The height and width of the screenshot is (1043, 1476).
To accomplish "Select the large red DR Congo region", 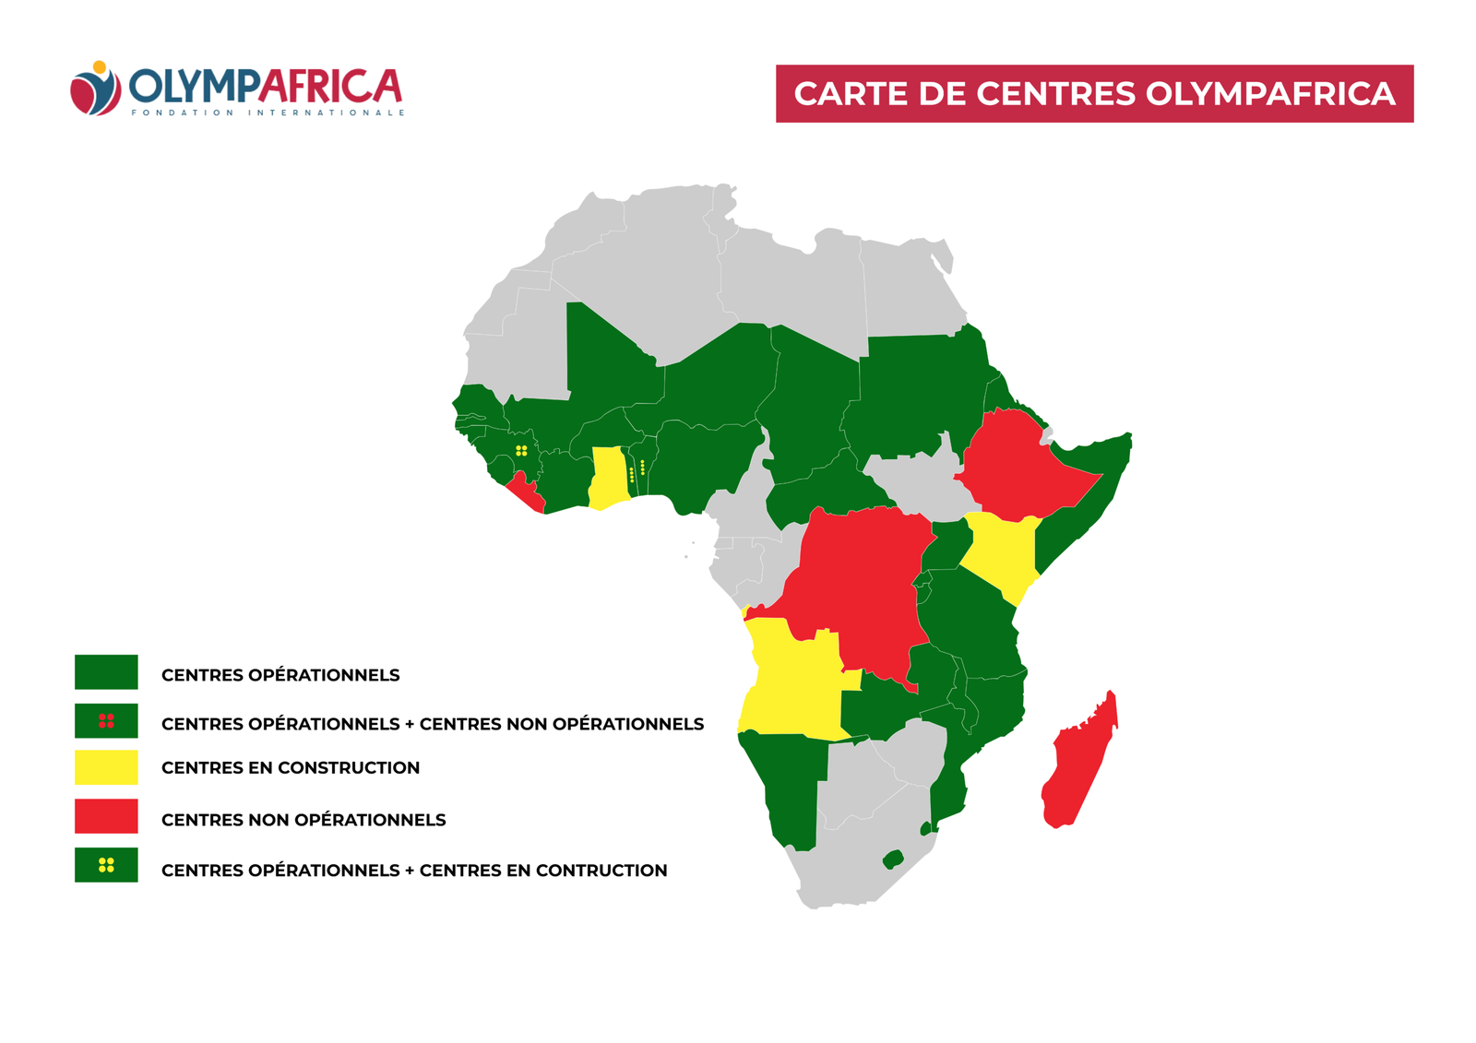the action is [x=858, y=581].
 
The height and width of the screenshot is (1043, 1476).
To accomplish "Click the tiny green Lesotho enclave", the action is [x=892, y=859].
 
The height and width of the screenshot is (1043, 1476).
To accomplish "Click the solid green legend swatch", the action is [x=106, y=672].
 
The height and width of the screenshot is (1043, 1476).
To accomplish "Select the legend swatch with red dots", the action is [x=106, y=721].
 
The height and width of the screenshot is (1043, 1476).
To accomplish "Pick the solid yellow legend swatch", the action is [x=106, y=767].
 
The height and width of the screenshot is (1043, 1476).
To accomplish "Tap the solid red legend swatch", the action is [x=106, y=816].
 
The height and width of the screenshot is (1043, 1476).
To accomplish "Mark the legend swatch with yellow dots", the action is [x=106, y=865].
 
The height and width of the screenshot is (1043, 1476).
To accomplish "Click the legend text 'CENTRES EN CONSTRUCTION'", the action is [x=290, y=768].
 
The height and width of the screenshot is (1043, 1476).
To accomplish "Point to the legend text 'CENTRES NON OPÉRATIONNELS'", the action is [x=303, y=820].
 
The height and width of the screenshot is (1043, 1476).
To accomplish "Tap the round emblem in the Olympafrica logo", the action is [x=95, y=89].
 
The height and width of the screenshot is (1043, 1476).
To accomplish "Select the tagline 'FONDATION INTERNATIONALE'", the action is [x=268, y=113].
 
